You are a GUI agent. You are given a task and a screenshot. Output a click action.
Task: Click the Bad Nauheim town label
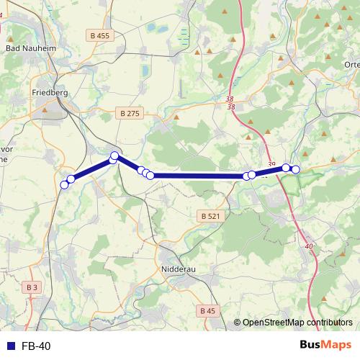click(25, 48)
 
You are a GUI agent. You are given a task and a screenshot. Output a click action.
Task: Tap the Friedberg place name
click(50, 92)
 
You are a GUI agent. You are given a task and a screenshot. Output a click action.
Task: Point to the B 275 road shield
click(130, 113)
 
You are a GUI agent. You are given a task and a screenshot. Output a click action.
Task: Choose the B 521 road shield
click(210, 216)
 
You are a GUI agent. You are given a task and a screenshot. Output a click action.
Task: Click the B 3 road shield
click(32, 287)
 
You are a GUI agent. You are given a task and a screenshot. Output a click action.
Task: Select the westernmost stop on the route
click(64, 185)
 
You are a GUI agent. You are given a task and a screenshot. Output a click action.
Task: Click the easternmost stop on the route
click(295, 169)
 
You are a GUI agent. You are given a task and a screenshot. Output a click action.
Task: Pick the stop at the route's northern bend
click(114, 156)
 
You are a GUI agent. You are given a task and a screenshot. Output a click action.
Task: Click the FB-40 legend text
click(36, 346)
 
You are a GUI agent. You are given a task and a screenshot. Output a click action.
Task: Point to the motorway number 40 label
click(310, 247)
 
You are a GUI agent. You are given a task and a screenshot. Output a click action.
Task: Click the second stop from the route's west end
click(71, 179)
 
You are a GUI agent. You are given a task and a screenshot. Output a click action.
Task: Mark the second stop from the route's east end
click(286, 168)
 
